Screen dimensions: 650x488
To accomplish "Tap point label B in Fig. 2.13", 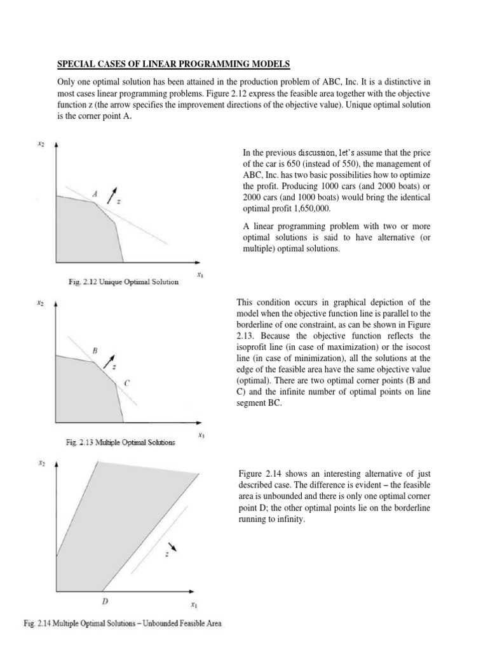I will tap(95, 350).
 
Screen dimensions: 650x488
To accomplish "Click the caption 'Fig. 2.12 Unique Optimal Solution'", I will tap(124, 282).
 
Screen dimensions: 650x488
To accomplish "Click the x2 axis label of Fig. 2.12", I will tap(41, 144).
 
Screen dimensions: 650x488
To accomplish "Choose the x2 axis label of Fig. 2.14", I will tap(41, 464).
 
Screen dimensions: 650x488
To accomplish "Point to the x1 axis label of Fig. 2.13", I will tap(200, 435).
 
